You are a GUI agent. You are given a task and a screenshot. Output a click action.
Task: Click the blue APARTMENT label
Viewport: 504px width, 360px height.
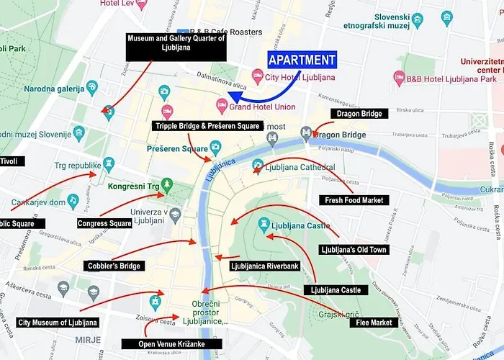pos(302,60)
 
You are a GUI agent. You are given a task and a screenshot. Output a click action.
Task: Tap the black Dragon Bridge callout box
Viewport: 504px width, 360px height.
pos(360,114)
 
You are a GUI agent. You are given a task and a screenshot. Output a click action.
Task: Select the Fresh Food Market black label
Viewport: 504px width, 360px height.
pos(354,200)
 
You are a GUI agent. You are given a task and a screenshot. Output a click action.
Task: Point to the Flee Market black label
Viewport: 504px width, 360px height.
pos(374,323)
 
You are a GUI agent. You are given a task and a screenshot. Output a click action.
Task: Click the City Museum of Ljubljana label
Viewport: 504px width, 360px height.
pos(58,323)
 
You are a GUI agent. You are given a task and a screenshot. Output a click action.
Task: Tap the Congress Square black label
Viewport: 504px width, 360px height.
pos(105,223)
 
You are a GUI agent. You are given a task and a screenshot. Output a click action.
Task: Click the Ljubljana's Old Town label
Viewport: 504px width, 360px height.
pos(354,250)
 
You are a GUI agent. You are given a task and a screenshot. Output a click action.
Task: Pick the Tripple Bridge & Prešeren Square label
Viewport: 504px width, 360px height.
pos(207,126)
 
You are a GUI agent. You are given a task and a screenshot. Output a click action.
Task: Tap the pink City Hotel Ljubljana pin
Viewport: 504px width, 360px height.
pos(257,75)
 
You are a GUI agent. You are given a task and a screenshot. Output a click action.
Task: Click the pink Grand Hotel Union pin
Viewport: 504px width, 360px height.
pos(222,106)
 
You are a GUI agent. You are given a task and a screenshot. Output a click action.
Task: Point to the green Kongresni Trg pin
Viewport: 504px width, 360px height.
pos(167,185)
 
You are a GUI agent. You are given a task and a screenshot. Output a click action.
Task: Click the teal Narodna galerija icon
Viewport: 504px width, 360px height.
pos(92,88)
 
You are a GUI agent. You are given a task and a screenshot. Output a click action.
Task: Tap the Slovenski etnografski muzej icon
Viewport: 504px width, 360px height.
pos(447,17)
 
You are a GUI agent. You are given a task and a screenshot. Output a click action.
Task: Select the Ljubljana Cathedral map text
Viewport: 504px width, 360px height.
pos(300,167)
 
